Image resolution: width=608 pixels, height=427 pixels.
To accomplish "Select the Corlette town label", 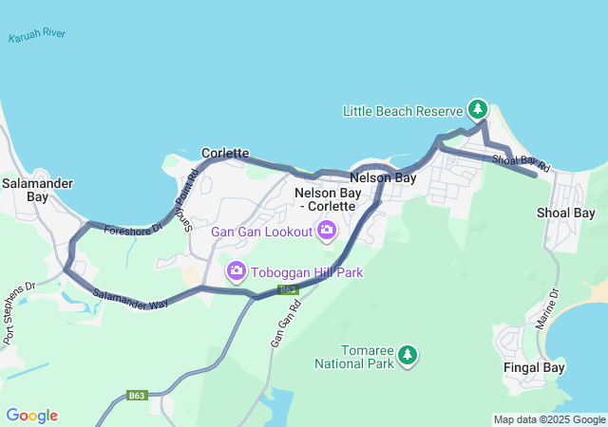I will tap(225, 153).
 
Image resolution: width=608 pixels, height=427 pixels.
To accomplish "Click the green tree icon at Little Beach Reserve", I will tap(478, 110).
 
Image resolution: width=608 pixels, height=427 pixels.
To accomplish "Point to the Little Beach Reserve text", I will tap(402, 111).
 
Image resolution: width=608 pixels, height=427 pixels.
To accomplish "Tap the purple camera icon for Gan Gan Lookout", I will tap(327, 230).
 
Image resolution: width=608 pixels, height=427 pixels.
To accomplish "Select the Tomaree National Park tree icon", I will tap(408, 355).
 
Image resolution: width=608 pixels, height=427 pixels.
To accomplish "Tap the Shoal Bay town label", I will tap(566, 213).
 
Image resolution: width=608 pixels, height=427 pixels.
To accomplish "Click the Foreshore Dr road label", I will tap(134, 229).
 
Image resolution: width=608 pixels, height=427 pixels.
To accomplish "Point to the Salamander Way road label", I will tap(131, 302).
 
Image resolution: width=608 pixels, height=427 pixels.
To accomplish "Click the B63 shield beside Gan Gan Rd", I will tap(288, 289).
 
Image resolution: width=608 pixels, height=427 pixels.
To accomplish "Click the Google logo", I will tap(31, 416).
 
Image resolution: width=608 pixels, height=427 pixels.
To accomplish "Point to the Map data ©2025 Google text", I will tap(548, 419).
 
